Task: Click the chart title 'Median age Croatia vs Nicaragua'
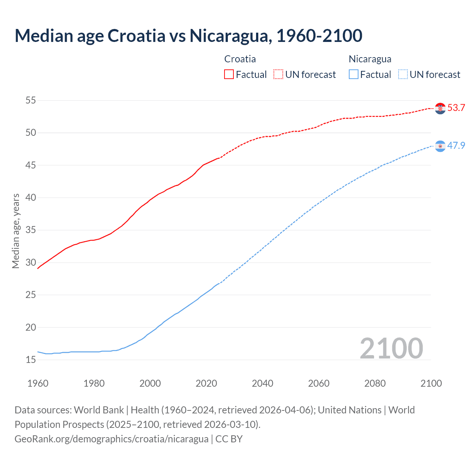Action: click(x=188, y=36)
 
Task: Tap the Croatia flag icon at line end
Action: click(x=440, y=108)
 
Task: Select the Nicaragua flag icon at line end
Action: click(x=440, y=146)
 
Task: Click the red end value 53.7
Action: click(x=456, y=108)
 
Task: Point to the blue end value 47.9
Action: click(x=456, y=145)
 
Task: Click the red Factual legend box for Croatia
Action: click(x=229, y=75)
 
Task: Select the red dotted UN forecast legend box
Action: click(x=278, y=75)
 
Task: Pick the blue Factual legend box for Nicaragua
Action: click(x=354, y=75)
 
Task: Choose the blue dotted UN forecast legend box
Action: click(x=403, y=75)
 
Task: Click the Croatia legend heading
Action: click(x=240, y=59)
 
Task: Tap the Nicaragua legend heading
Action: click(x=370, y=59)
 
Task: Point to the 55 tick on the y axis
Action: click(x=31, y=100)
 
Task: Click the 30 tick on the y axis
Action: click(x=31, y=262)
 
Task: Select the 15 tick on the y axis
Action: click(x=31, y=360)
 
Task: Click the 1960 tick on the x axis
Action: click(x=38, y=383)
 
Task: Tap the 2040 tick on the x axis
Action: click(x=262, y=383)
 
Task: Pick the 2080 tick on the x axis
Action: click(x=375, y=383)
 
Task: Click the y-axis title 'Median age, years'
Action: click(x=16, y=231)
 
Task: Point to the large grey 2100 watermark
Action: click(x=391, y=348)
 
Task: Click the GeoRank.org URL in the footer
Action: click(x=111, y=439)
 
